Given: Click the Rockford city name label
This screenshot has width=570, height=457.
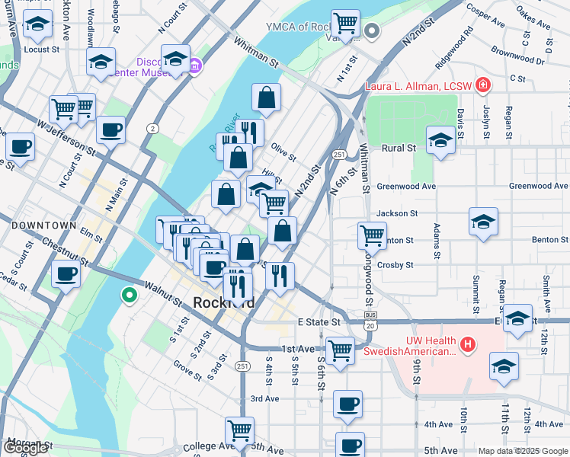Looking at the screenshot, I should (x=223, y=302).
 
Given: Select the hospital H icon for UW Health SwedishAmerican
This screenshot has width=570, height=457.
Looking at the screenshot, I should (x=467, y=345).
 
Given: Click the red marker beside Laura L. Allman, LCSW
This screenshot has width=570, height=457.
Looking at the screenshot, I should (x=482, y=84).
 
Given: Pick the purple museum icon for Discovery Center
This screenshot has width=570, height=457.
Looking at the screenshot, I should (x=195, y=65).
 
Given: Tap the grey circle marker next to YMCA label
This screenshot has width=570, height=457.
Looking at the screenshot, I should (x=372, y=31).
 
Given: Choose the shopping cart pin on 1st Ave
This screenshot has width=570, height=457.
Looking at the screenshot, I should (x=341, y=351).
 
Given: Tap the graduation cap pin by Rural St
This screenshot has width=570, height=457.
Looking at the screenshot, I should (x=441, y=141).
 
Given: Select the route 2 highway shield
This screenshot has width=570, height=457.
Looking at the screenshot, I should (x=153, y=129).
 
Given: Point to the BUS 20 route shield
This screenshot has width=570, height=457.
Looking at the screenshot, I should (x=371, y=321).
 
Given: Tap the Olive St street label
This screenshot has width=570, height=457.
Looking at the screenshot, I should (x=283, y=152).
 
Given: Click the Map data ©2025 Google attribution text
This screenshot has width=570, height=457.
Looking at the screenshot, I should (x=523, y=451).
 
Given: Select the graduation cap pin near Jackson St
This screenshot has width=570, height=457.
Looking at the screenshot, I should (x=483, y=222).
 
